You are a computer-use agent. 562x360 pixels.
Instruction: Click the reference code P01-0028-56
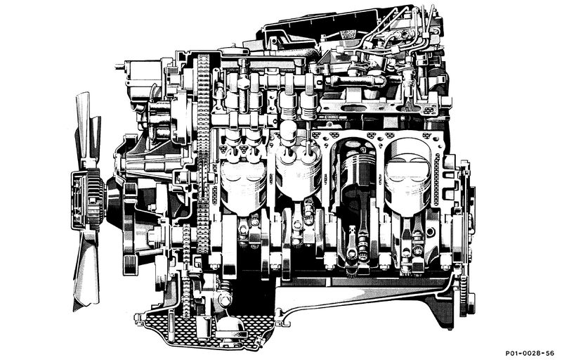[x=530, y=352]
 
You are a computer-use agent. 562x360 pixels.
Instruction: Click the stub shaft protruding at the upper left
[x=120, y=66]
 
